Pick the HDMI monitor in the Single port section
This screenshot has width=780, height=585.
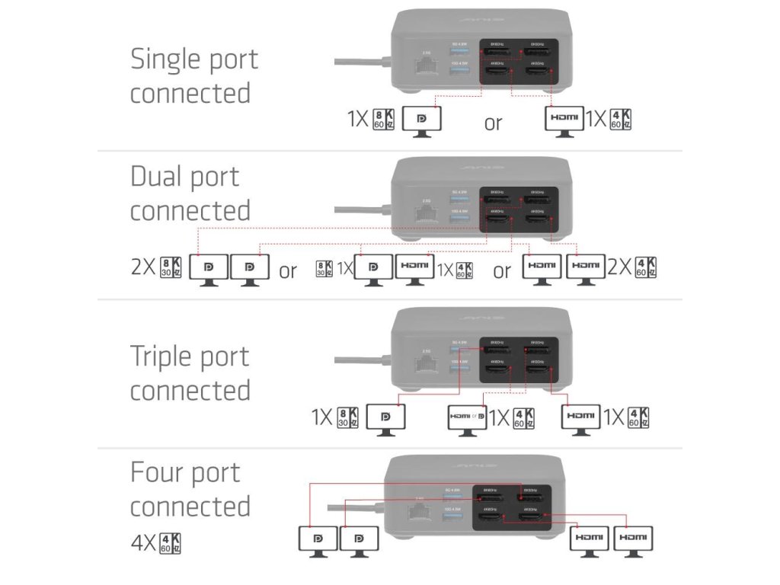pyautogui.click(x=564, y=120)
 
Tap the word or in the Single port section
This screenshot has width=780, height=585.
pyautogui.click(x=493, y=123)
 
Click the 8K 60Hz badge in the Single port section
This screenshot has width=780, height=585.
pyautogui.click(x=383, y=120)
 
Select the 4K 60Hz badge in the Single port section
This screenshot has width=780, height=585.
pyautogui.click(x=622, y=120)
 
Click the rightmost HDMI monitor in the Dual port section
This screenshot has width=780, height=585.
pyautogui.click(x=585, y=268)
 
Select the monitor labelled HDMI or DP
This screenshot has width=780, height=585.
pyautogui.click(x=467, y=417)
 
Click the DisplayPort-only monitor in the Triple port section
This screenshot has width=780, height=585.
pyautogui.click(x=385, y=417)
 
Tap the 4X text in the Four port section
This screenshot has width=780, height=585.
pyautogui.click(x=144, y=544)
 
